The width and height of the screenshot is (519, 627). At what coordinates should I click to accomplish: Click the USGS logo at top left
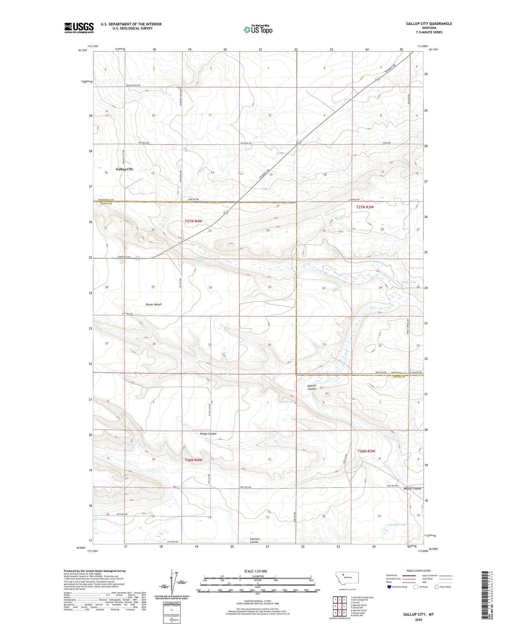[79, 28]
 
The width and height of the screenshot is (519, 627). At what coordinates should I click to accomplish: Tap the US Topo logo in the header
[258, 29]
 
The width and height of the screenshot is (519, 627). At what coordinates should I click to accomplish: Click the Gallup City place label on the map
[124, 169]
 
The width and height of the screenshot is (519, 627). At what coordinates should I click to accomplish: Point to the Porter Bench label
[154, 305]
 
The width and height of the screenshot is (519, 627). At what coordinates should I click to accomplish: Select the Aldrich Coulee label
[311, 387]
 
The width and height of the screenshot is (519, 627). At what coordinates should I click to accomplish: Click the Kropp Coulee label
[208, 434]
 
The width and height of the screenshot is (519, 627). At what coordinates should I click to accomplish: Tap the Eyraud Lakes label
[398, 525]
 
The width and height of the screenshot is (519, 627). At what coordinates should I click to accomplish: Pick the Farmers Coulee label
[255, 540]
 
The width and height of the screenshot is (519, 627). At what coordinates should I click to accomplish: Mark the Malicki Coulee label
[412, 489]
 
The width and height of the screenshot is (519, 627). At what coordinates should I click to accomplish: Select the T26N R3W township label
[366, 451]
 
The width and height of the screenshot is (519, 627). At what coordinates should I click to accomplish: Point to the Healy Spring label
[409, 282]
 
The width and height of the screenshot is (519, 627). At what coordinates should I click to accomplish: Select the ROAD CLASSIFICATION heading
[418, 571]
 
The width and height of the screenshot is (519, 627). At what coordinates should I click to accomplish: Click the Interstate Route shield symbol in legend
[389, 587]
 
